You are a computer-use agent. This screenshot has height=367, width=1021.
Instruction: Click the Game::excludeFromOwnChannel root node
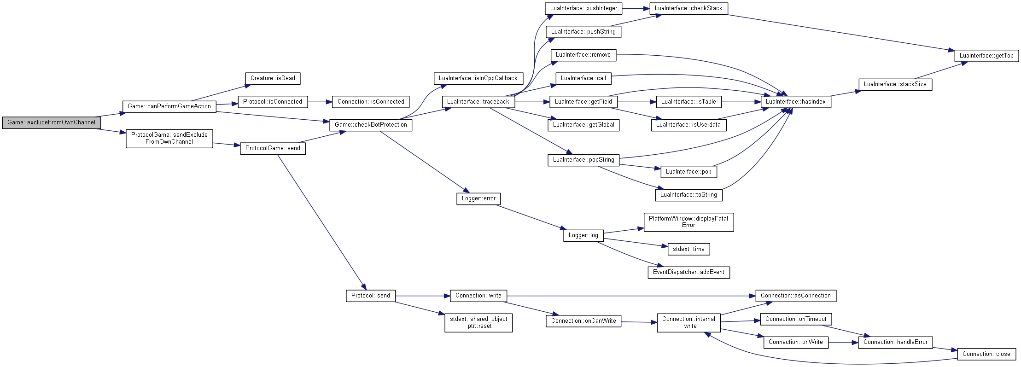(x=51, y=122)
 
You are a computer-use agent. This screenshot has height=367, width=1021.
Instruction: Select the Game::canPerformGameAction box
(x=169, y=106)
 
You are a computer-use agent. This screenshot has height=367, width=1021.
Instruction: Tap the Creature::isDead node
(x=273, y=78)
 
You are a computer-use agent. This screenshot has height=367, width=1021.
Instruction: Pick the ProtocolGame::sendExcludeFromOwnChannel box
(x=169, y=138)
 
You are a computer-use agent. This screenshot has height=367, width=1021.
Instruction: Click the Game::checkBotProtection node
(x=371, y=125)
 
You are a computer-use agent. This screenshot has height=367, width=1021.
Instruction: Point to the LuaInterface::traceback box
(x=478, y=102)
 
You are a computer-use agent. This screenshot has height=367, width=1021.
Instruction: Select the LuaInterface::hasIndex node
(x=796, y=102)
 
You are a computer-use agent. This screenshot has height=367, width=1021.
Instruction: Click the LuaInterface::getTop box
(x=986, y=56)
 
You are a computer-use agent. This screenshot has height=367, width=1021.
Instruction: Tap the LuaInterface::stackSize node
(x=895, y=84)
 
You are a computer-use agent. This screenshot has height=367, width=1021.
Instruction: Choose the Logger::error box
(x=478, y=198)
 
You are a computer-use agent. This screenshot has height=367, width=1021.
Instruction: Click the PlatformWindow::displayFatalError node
(x=688, y=222)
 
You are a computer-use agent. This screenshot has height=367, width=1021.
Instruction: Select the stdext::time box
(x=688, y=249)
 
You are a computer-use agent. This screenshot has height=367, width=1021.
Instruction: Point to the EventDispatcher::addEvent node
(x=688, y=272)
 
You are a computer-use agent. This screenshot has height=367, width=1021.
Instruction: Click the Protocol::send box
(x=371, y=296)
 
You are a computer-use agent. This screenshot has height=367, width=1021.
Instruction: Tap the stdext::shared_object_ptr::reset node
(x=478, y=322)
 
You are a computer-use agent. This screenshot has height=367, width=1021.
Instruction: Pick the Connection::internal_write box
(x=688, y=322)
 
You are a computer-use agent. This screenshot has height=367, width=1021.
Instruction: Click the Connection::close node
(x=986, y=354)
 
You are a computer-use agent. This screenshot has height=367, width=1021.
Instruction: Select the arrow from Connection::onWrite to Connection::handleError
(x=843, y=343)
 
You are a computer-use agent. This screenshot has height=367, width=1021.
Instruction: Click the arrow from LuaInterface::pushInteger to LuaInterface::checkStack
(x=636, y=8)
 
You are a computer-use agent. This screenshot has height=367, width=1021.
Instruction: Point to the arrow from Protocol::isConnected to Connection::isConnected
(x=320, y=102)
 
